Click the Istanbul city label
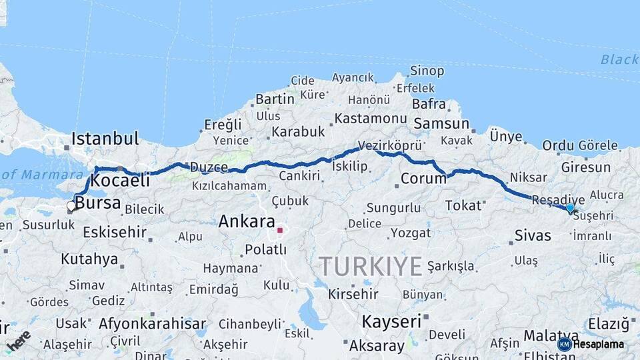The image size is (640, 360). (x=105, y=139)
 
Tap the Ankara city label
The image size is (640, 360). (x=247, y=221)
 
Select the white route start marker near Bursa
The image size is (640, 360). (x=71, y=206)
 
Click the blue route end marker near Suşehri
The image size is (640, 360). (x=570, y=209)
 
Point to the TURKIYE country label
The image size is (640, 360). (x=371, y=267)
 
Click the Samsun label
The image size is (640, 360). (x=441, y=123)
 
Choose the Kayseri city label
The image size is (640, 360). (x=392, y=321)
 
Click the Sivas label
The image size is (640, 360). (x=533, y=235)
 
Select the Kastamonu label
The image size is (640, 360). (x=371, y=119)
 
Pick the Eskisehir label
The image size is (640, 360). (x=115, y=232)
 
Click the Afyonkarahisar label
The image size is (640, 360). (x=152, y=324)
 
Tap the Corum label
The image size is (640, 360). (x=423, y=179)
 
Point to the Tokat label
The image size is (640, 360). (x=463, y=205)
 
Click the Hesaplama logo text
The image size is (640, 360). (x=599, y=344)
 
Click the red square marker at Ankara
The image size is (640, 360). (x=281, y=231)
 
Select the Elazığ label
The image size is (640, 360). (x=609, y=325)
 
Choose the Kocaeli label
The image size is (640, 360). (x=119, y=181)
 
